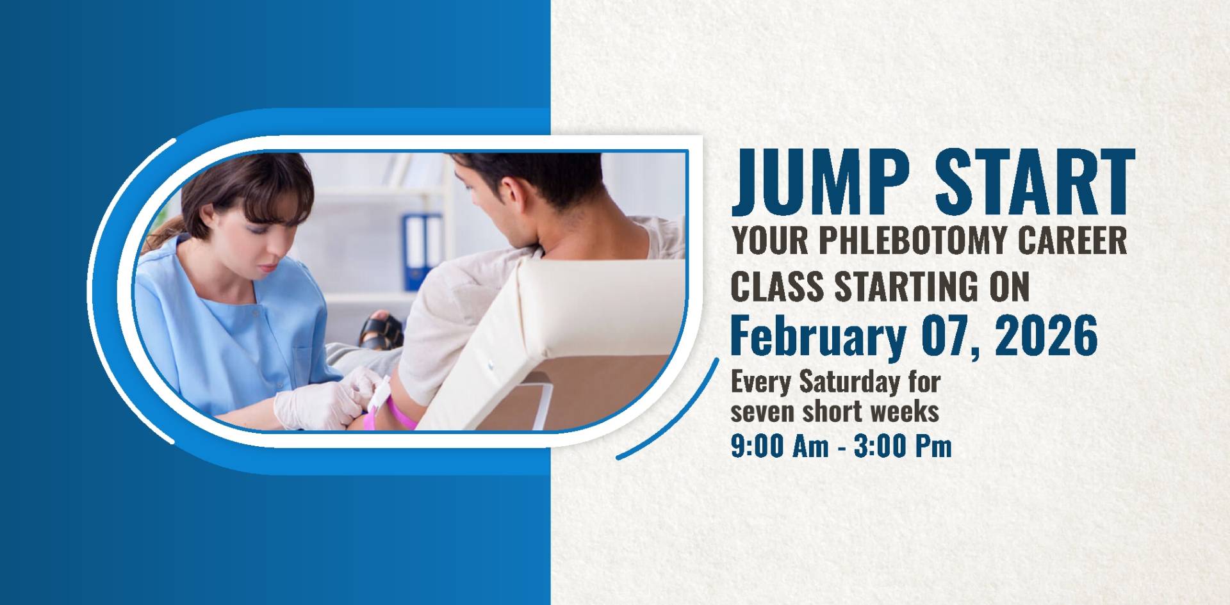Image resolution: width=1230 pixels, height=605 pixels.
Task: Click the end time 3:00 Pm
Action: pyautogui.click(x=903, y=446)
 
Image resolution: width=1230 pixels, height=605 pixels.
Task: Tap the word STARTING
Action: pyautogui.click(x=903, y=286)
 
